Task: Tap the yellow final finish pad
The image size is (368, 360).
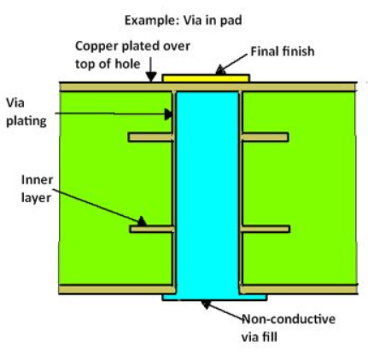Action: point(206,78)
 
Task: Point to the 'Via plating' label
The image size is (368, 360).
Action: point(26,112)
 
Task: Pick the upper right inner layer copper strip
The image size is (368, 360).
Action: point(266,136)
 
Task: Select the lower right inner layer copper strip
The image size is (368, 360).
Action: point(266,229)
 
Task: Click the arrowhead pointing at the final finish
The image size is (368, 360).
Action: point(219,72)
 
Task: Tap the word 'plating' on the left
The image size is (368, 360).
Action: point(26,120)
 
